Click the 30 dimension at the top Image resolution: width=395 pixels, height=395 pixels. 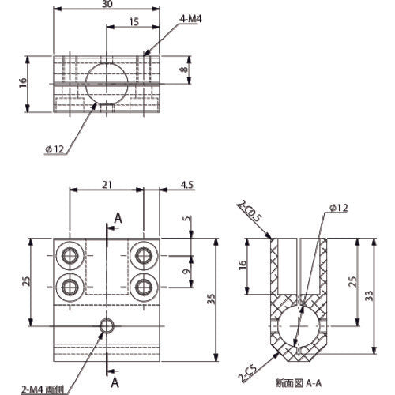(x=107, y=5)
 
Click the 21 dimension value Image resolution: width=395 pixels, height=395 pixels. (x=107, y=185)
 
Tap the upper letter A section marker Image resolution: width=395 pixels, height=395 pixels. (x=117, y=217)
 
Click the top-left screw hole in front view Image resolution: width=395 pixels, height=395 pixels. (x=70, y=255)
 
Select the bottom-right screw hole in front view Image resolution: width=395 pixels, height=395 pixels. (x=144, y=284)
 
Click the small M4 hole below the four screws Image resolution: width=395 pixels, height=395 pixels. (x=106, y=325)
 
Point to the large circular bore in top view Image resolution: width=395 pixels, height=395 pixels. (x=107, y=82)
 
